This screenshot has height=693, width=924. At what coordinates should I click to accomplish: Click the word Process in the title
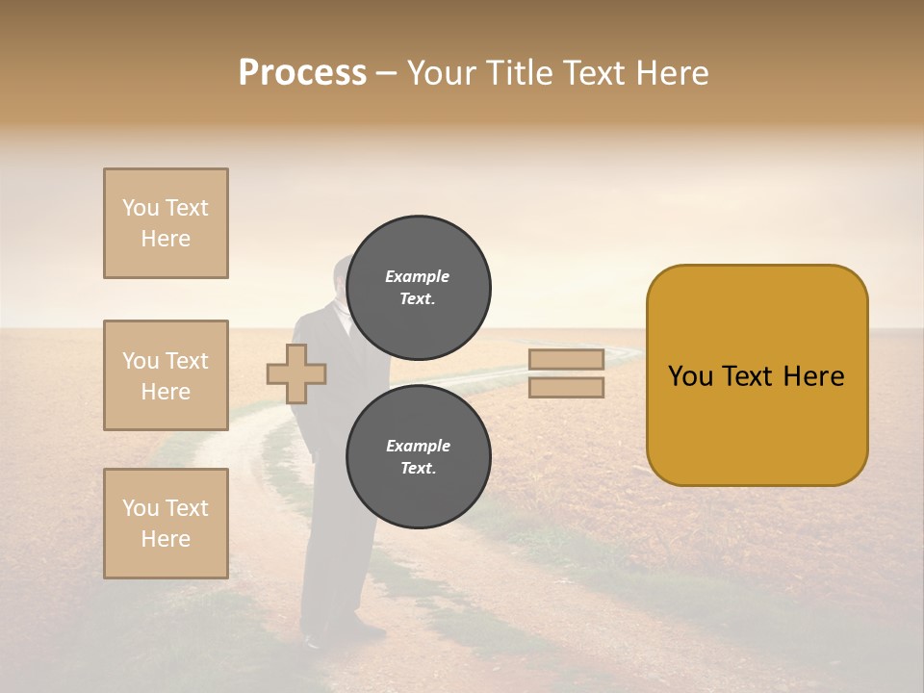click(x=302, y=73)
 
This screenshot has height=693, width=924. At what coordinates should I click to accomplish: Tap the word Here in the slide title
click(x=670, y=73)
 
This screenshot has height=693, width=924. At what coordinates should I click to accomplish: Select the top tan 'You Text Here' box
click(x=166, y=223)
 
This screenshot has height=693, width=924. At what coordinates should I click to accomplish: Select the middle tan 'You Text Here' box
click(x=166, y=375)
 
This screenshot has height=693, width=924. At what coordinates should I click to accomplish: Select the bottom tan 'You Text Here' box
click(x=166, y=524)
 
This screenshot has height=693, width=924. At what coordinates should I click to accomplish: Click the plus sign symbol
click(x=295, y=373)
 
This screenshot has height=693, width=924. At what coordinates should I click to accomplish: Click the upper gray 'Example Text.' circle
click(x=418, y=288)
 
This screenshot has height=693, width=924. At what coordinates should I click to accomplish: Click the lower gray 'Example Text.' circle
click(x=418, y=457)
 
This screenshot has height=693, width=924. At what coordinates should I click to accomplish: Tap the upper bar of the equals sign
click(x=566, y=360)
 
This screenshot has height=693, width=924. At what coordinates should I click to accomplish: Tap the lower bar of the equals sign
click(x=566, y=387)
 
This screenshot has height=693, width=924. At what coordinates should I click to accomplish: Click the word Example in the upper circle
click(x=418, y=276)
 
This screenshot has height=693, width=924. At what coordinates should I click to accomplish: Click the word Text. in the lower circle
click(x=418, y=469)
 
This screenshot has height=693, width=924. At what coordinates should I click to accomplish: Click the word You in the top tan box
click(x=141, y=208)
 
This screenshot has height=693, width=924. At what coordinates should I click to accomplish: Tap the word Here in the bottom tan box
click(x=166, y=539)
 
